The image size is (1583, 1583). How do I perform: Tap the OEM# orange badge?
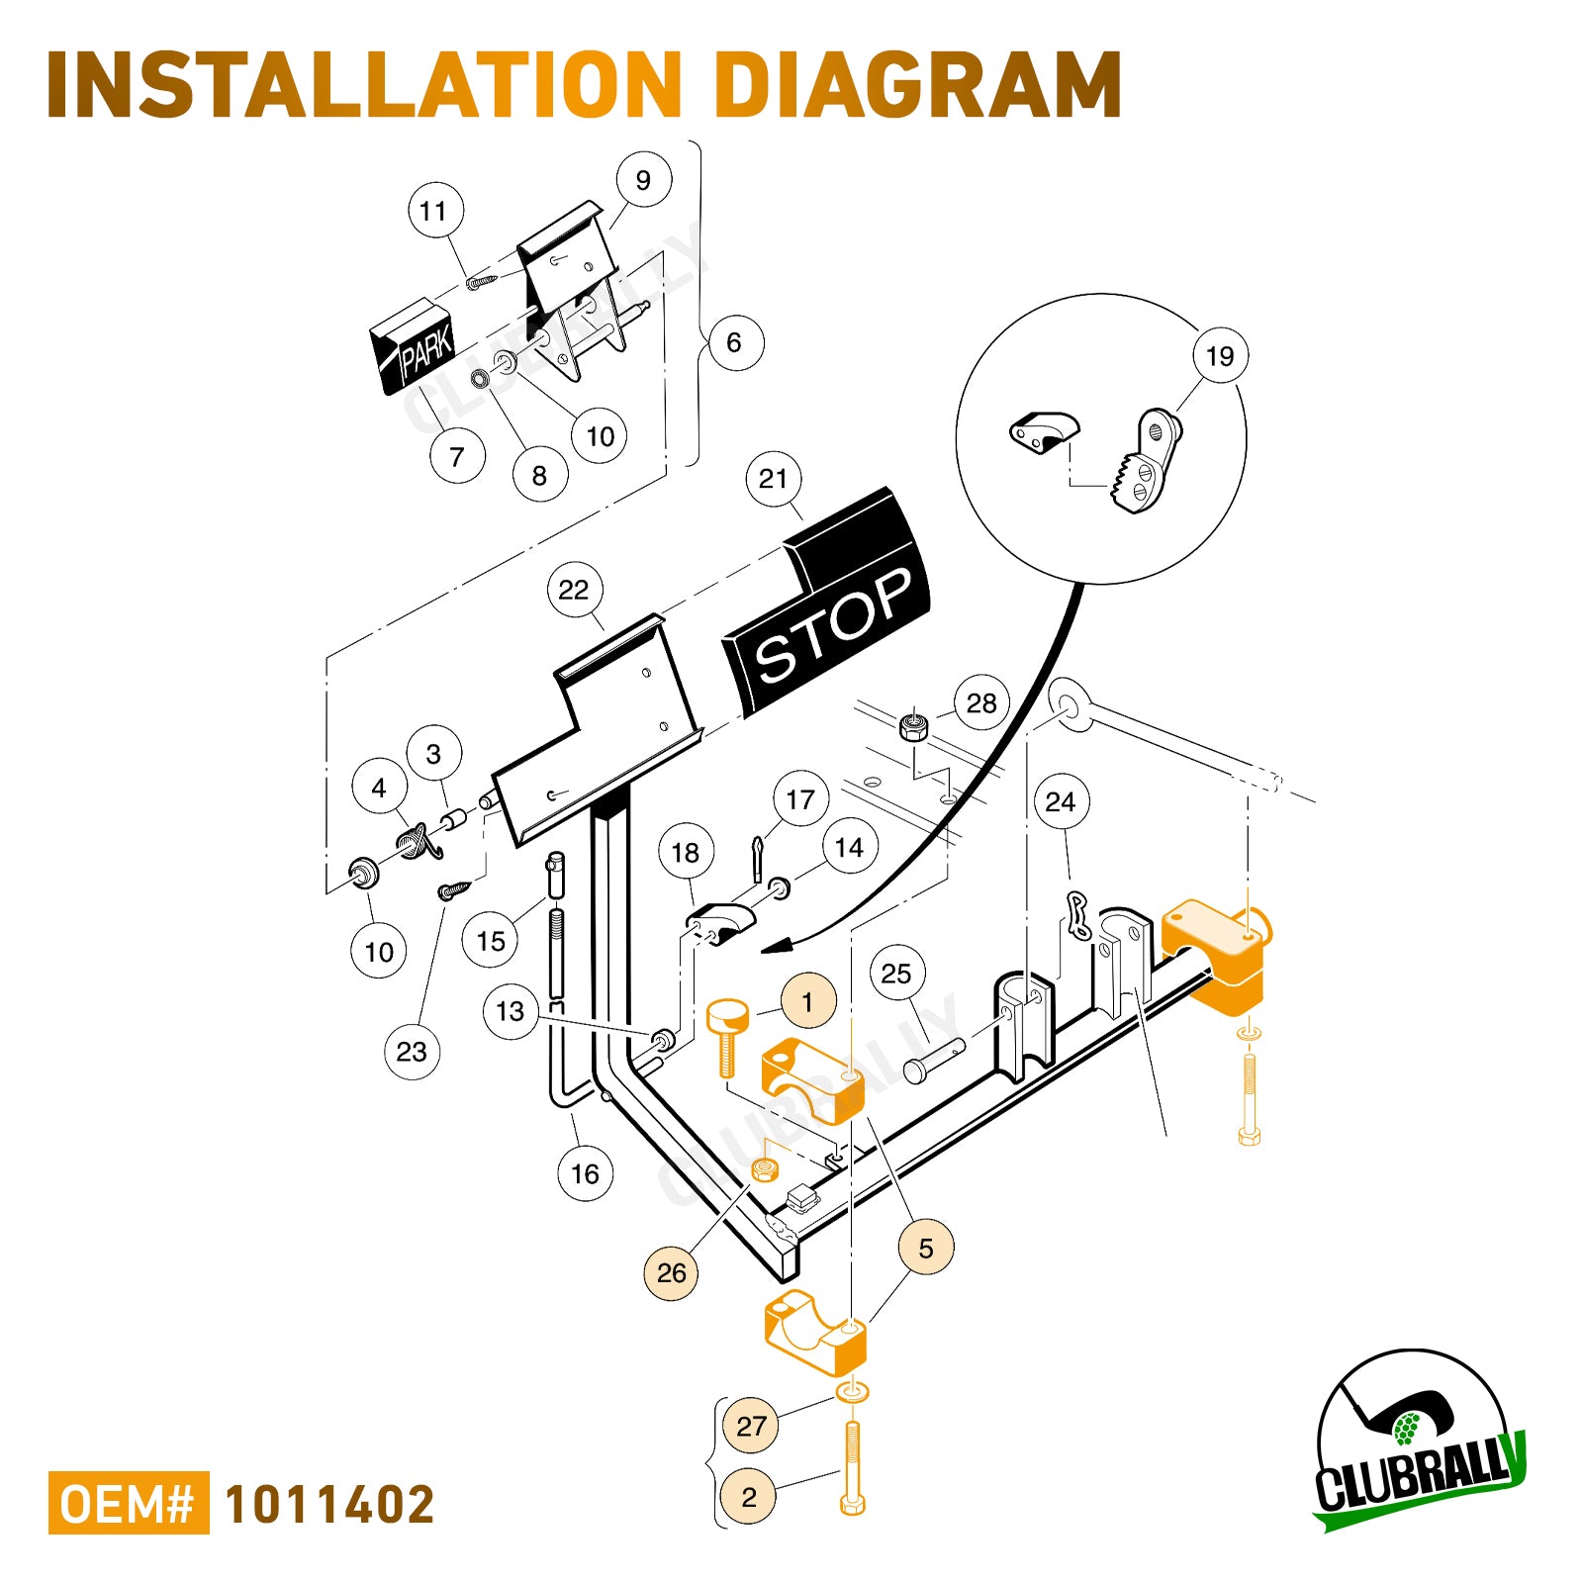click(129, 1503)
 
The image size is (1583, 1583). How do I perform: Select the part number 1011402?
click(329, 1504)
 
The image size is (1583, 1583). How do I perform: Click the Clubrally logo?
click(1421, 1441)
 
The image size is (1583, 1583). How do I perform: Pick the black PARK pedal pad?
click(414, 346)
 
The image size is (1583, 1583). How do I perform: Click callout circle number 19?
click(1220, 356)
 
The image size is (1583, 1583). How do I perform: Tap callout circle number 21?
click(773, 479)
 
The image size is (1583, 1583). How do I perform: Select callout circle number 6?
click(734, 342)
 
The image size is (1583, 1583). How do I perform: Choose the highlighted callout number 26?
click(671, 1272)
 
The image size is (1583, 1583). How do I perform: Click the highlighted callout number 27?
click(751, 1426)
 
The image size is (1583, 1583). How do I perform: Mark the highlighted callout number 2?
click(749, 1497)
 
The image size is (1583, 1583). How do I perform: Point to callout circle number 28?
click(981, 703)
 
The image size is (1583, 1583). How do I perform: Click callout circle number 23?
click(412, 1051)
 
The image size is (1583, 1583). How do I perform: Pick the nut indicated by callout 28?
click(914, 728)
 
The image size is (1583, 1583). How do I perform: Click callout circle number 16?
click(585, 1174)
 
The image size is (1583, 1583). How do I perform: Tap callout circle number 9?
click(643, 180)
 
